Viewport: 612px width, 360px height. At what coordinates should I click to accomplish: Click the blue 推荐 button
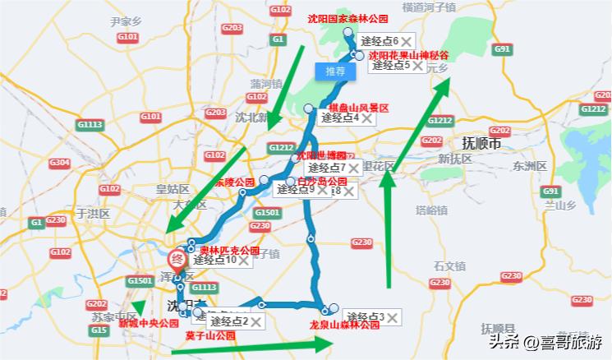pos(335,72)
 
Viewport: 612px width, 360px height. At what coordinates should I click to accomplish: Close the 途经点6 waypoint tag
pos(406,41)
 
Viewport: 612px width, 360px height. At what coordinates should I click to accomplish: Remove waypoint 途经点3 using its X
pos(393,317)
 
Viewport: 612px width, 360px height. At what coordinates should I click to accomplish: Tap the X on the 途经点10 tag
pos(245,261)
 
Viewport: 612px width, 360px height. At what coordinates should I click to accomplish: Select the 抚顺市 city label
pos(481,142)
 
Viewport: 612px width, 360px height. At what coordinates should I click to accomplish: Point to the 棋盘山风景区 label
pos(358,108)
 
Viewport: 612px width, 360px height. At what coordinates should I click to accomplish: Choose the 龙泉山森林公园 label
pos(345,325)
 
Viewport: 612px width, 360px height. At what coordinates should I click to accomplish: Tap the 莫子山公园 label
pos(210,335)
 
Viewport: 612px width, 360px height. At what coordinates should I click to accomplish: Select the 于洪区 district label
pos(92,212)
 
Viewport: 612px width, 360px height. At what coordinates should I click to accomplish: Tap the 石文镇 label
pos(449,265)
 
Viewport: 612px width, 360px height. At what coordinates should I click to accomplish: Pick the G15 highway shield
pos(99,330)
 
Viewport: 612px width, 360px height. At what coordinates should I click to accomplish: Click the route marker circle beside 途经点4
pos(309,109)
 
